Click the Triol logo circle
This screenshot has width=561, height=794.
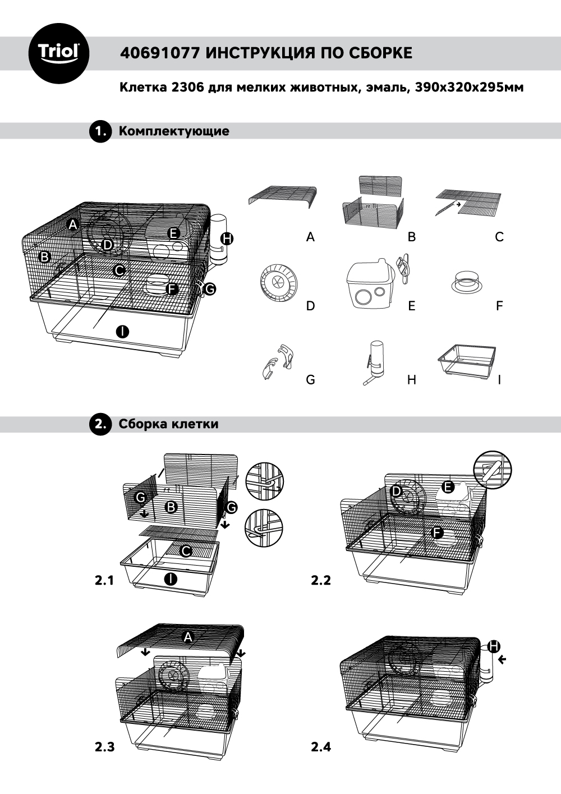click(x=59, y=53)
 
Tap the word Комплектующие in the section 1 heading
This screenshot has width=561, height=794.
click(x=174, y=131)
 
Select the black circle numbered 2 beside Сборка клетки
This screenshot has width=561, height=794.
click(x=101, y=424)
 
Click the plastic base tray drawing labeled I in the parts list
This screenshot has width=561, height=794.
click(x=468, y=361)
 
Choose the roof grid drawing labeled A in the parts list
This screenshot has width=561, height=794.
click(x=283, y=197)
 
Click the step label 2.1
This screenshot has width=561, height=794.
click(x=104, y=580)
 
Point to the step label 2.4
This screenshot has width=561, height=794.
click(x=321, y=747)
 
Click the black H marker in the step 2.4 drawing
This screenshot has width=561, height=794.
click(x=494, y=646)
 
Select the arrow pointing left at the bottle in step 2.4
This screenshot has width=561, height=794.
click(x=502, y=660)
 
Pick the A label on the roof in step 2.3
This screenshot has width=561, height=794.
click(x=188, y=636)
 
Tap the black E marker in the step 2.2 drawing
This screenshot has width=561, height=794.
click(x=448, y=487)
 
